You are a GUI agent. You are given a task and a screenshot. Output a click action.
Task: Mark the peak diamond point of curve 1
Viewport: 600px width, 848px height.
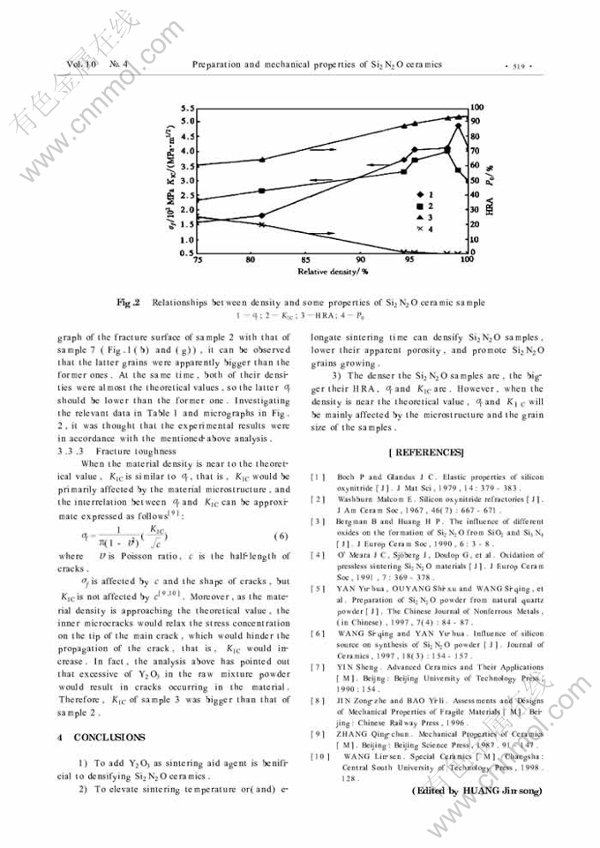pos(458,125)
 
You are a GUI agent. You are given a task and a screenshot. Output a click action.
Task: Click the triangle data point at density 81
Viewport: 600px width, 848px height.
pos(261,160)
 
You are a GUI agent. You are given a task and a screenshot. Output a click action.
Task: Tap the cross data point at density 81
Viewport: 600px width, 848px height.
pos(261,224)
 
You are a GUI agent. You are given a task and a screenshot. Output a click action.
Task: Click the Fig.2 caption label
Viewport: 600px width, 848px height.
pos(130,302)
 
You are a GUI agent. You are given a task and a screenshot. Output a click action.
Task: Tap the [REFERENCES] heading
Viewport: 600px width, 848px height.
pos(425,453)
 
